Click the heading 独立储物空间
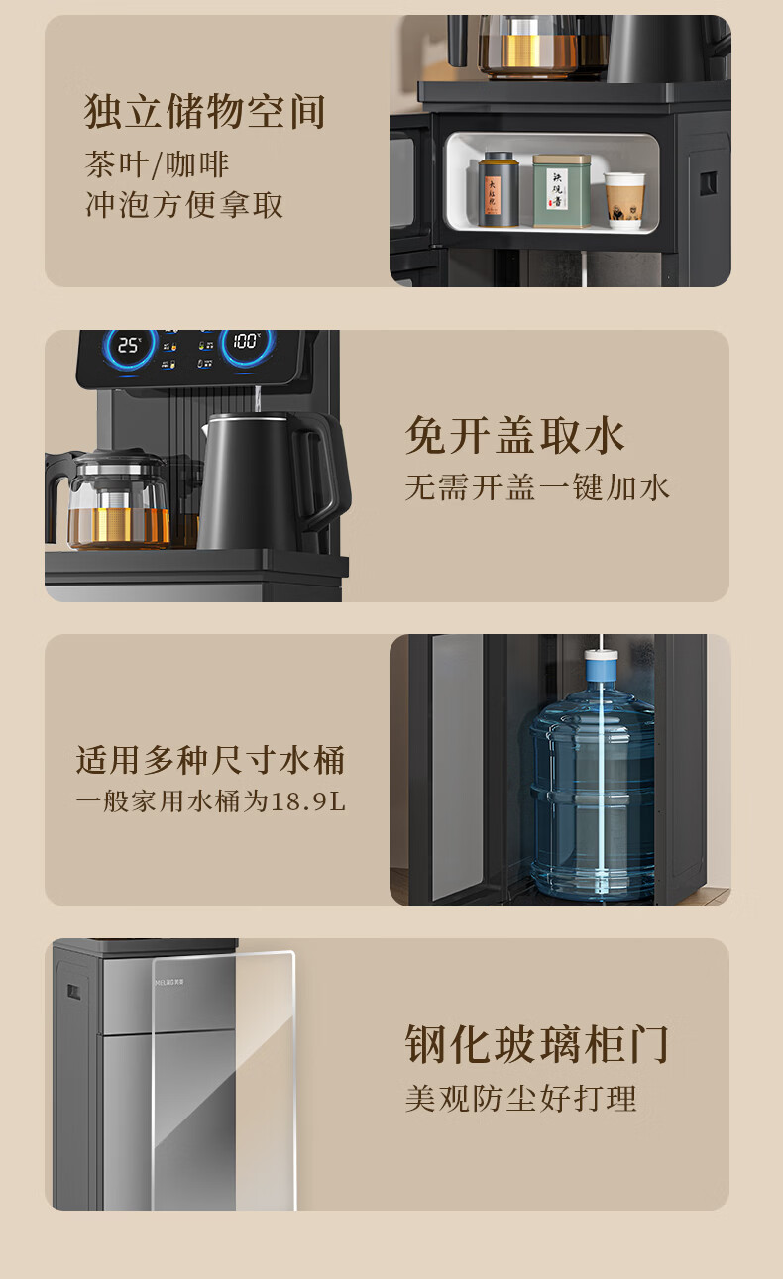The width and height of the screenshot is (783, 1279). click(204, 111)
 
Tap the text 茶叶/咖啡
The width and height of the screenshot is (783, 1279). click(157, 164)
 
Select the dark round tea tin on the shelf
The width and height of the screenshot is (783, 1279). click(499, 189)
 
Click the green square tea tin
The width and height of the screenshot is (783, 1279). click(561, 190)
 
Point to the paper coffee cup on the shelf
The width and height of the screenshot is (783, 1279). click(624, 200)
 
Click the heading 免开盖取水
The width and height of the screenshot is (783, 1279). click(514, 436)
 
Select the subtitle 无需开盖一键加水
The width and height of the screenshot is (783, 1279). click(537, 487)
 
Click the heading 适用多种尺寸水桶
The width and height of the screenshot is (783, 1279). click(211, 761)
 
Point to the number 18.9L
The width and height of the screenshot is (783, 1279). click(308, 801)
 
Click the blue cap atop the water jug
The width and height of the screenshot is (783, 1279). click(601, 665)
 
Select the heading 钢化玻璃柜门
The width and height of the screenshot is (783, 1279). click(537, 1044)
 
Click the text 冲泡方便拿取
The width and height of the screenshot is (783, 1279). click(184, 205)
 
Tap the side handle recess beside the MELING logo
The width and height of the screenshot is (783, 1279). click(73, 992)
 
